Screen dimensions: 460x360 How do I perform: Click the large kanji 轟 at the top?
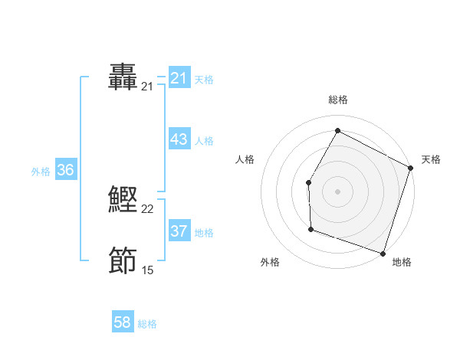(x=123, y=78)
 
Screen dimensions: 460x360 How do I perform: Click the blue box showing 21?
(x=179, y=78)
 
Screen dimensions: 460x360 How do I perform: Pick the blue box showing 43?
(x=179, y=140)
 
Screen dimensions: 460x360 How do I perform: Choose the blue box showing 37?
(x=179, y=231)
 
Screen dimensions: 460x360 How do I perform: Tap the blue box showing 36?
(x=65, y=170)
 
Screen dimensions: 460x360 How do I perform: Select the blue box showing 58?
(x=123, y=322)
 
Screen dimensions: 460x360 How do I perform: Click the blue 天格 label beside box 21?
(x=204, y=79)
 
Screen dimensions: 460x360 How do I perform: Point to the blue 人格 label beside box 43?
(x=204, y=141)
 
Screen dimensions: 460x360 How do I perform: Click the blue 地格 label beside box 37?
(x=204, y=232)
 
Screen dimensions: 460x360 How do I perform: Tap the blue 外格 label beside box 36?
(x=41, y=172)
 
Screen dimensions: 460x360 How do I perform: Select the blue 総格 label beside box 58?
(x=147, y=324)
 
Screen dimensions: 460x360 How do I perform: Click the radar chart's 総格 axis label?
(x=338, y=100)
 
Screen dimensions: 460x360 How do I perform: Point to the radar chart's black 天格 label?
(x=432, y=159)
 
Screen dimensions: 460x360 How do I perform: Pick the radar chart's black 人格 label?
(x=245, y=159)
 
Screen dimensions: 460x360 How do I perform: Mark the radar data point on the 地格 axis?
(x=383, y=253)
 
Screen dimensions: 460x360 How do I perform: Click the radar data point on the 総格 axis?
(x=337, y=131)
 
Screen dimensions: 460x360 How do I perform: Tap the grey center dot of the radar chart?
(x=337, y=191)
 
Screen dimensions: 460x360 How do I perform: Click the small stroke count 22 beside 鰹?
(x=148, y=209)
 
